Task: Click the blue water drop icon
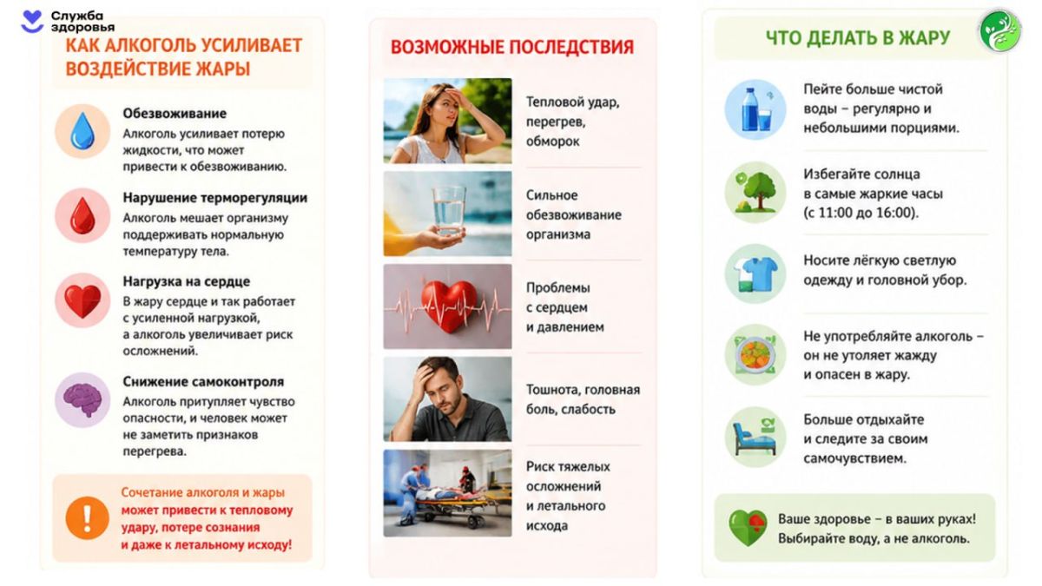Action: pos(82,131)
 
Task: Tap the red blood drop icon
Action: pos(82,216)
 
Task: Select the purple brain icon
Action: pos(82,399)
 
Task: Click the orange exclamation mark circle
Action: pos(87,518)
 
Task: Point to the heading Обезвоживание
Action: pos(175,114)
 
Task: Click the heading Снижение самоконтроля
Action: pos(203,382)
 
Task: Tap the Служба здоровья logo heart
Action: pos(33,22)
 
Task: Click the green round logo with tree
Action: pos(1000,31)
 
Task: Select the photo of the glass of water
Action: pos(447,214)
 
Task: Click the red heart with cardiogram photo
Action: pos(447,306)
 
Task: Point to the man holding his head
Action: pos(447,399)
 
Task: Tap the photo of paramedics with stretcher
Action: pos(447,493)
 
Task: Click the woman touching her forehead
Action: pos(447,121)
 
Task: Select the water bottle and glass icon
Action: pos(755,109)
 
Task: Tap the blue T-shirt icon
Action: pos(755,274)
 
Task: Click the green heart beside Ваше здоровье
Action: pos(748,528)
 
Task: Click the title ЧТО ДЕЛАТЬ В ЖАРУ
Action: pos(858,38)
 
